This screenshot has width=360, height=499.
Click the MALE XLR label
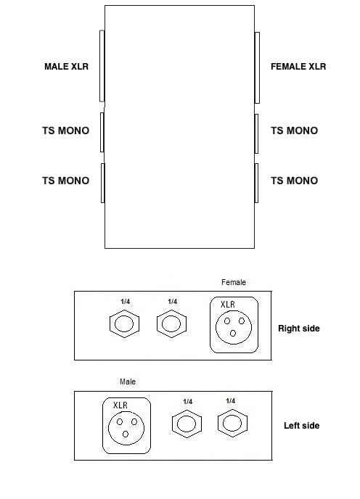point(66,67)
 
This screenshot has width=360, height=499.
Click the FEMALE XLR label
point(298,67)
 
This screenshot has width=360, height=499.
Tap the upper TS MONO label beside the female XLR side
point(295,131)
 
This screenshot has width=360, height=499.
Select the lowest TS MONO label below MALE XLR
point(65,181)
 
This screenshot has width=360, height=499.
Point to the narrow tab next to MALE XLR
point(102,66)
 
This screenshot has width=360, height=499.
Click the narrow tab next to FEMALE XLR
point(257,67)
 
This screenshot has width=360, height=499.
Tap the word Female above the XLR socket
point(234,282)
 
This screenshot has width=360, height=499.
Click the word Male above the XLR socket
point(128,382)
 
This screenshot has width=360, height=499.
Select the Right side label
point(299,329)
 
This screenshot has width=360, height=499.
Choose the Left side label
point(302,426)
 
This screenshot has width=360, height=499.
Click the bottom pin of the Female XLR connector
point(233,333)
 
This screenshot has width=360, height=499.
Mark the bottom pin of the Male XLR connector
point(126,434)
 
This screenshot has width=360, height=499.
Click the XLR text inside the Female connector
point(228,305)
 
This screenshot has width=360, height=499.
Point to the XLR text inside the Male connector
point(120,405)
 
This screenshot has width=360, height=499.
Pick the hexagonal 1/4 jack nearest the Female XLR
point(171,323)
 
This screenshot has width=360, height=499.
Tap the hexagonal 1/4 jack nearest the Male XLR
point(187,424)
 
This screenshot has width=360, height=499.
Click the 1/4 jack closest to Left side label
point(232,424)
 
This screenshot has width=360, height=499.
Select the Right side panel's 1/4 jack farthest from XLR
point(124,323)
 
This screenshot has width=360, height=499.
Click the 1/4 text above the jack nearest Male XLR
point(188,402)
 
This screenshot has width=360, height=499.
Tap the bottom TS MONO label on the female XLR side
point(295,181)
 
